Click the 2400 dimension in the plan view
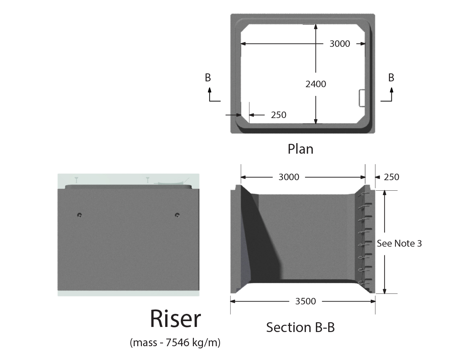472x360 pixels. pyautogui.click(x=316, y=84)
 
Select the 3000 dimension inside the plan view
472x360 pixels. pyautogui.click(x=339, y=44)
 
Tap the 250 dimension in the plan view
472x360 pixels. pyautogui.click(x=278, y=115)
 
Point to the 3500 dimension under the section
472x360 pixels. pyautogui.click(x=305, y=301)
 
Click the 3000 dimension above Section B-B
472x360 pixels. pyautogui.click(x=289, y=177)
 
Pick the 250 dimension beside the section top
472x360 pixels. pyautogui.click(x=391, y=177)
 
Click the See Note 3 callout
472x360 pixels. pyautogui.click(x=399, y=243)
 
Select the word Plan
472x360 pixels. pyautogui.click(x=300, y=149)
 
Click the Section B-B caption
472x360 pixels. pyautogui.click(x=300, y=327)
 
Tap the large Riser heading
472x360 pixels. pyautogui.click(x=175, y=319)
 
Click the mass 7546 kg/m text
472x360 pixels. pyautogui.click(x=175, y=342)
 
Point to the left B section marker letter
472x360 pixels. pyautogui.click(x=208, y=77)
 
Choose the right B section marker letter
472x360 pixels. pyautogui.click(x=391, y=77)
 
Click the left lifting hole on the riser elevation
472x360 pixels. pyautogui.click(x=80, y=215)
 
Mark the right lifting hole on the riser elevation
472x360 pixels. pyautogui.click(x=177, y=215)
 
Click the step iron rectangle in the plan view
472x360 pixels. pyautogui.click(x=361, y=98)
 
